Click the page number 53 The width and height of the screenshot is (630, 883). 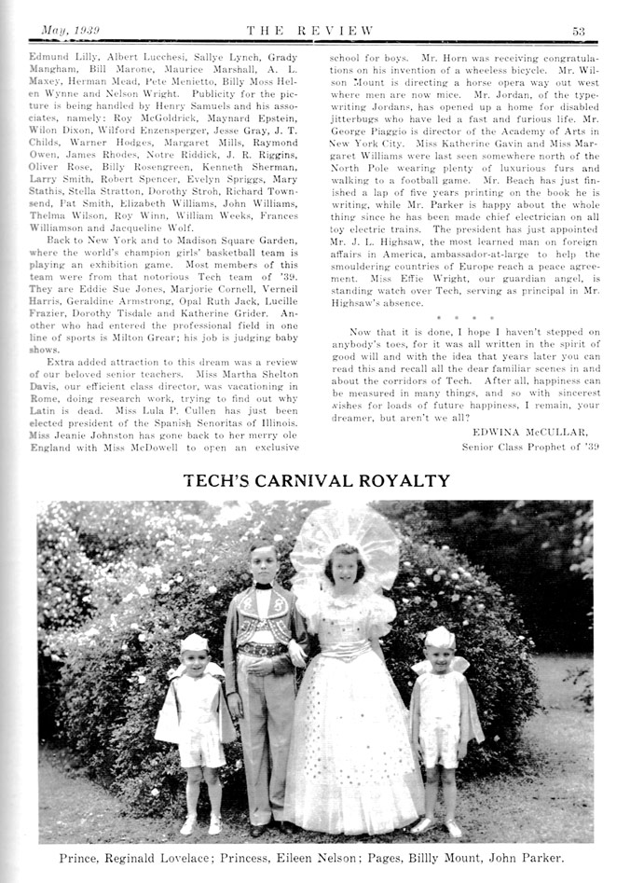(578, 31)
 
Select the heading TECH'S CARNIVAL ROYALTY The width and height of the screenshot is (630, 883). (316, 481)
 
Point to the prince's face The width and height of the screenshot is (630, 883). (264, 562)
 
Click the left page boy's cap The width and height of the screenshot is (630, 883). (194, 642)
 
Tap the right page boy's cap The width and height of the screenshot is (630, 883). (440, 637)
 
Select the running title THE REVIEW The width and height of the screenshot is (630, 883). (314, 31)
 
